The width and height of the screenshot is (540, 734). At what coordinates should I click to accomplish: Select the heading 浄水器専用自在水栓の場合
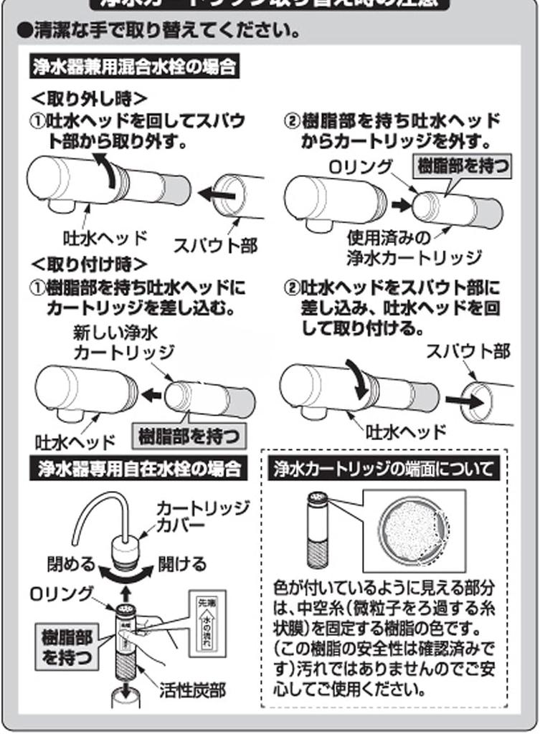[139, 470]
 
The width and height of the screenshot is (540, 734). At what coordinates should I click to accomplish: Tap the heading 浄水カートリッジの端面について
[383, 470]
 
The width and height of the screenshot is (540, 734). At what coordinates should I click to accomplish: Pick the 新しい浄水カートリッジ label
[123, 342]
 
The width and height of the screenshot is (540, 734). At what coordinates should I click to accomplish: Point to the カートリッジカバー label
[203, 516]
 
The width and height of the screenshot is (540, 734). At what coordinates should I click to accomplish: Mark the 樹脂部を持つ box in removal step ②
[464, 166]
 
